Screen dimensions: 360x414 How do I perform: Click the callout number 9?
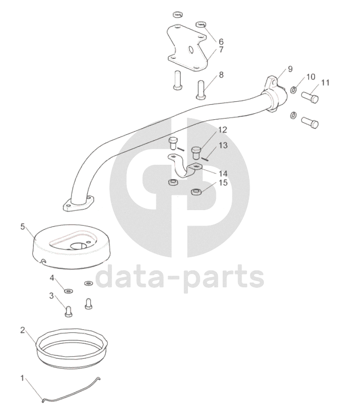click(290, 69)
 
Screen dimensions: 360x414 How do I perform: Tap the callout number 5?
click(23, 226)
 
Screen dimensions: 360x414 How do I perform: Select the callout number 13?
click(223, 145)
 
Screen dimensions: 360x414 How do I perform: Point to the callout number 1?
click(22, 378)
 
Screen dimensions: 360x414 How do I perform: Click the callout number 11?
click(325, 83)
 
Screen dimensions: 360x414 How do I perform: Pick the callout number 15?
click(223, 183)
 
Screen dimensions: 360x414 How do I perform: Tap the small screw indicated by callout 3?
click(68, 311)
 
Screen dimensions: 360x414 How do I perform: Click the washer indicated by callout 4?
click(68, 291)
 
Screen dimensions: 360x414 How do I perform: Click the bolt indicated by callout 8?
click(202, 90)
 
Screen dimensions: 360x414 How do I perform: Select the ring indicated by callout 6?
click(201, 24)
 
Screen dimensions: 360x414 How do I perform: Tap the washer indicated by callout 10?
click(294, 90)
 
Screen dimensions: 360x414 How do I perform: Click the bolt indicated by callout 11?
click(310, 97)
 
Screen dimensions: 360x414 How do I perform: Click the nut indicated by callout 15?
click(196, 192)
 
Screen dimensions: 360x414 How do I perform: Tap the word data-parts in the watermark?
click(180, 276)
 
